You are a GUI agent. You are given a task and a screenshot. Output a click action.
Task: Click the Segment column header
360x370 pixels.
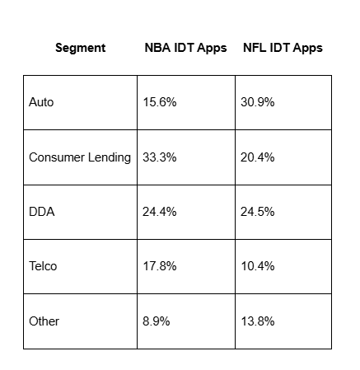coord(80,48)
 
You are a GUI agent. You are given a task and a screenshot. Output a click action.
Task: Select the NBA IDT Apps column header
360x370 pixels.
coord(185,48)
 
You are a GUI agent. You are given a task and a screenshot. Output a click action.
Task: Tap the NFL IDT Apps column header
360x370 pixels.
coord(283,48)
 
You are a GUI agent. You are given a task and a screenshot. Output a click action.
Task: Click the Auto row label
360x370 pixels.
coord(42,102)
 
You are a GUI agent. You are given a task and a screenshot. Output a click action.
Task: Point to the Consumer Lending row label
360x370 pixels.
coord(80,157)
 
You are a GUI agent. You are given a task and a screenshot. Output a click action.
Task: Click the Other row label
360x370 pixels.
coord(44,321)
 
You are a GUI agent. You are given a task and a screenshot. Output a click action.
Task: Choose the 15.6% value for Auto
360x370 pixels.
coord(159,102)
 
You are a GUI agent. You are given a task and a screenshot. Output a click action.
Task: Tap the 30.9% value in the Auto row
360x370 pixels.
coord(258,102)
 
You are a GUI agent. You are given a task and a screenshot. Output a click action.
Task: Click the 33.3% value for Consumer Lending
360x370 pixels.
coord(159,157)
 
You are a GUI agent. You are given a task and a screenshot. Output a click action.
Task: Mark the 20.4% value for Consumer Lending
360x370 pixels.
coord(258,157)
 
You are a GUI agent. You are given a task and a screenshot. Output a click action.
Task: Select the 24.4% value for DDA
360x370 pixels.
coord(159,212)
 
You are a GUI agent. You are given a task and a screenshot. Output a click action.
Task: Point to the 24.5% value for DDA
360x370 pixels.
coord(258,212)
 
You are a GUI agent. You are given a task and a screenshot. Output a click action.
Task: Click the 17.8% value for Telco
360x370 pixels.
coord(159,266)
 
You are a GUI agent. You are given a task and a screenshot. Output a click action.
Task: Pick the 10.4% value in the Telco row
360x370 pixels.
coord(258,266)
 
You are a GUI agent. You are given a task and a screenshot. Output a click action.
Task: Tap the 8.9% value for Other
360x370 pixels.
coord(156,321)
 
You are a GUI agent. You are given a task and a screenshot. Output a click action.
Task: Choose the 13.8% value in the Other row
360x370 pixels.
coord(258,321)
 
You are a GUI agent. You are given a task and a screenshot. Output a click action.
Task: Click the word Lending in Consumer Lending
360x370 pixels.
coord(109,157)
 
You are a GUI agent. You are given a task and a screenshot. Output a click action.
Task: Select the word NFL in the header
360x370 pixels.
coord(255,48)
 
